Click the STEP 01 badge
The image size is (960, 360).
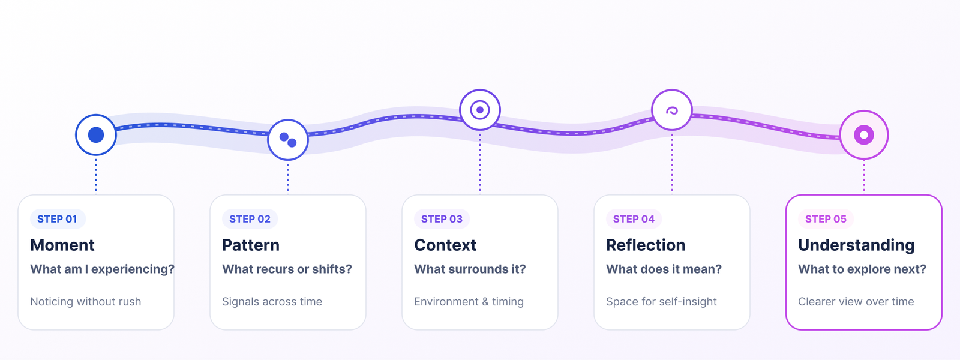coord(58,219)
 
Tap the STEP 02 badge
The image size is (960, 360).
coord(250,219)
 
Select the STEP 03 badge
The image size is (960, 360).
coord(442,219)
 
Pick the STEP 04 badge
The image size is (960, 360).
coord(634,219)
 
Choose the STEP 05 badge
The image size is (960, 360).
coord(826,219)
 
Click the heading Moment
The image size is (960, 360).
coord(62,245)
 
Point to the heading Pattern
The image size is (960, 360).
coord(251,245)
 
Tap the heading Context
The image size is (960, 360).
coord(445,245)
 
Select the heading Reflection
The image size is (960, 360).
coord(646,245)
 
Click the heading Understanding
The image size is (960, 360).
coord(856,245)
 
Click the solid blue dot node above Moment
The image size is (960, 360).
coord(96,135)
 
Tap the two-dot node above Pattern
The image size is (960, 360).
coord(288,140)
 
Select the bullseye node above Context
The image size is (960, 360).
coord(480,110)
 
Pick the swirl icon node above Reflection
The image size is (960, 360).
coord(672,110)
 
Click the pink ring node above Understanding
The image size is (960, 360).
coord(864,135)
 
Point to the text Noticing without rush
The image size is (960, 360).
coord(86,302)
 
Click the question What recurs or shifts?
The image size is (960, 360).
coord(287,269)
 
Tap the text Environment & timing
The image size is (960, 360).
coord(469,302)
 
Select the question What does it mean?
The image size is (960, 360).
coord(664,269)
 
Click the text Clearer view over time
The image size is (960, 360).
coord(856,302)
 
